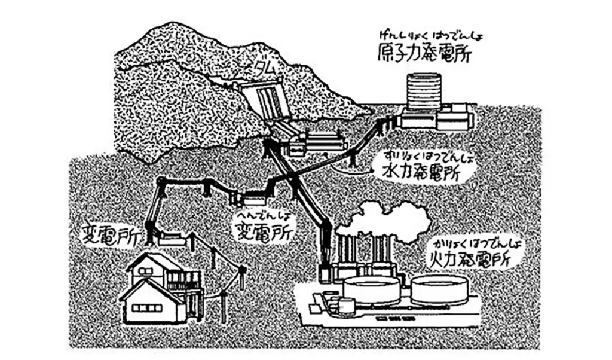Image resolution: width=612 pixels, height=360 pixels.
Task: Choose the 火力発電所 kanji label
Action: click(x=469, y=258)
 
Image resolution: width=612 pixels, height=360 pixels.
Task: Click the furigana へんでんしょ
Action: click(x=256, y=215)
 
